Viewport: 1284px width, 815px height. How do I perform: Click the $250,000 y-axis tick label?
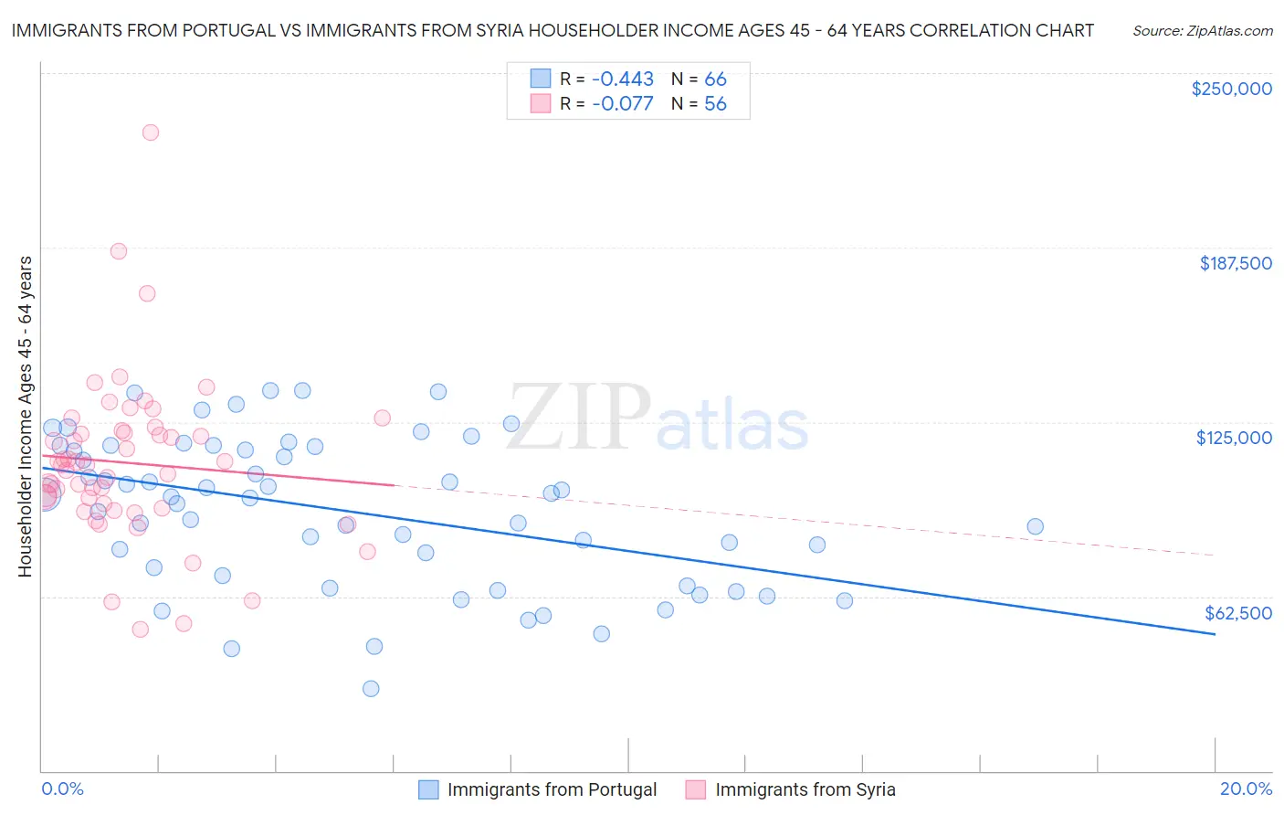(1231, 89)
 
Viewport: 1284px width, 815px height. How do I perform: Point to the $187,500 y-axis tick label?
(1235, 263)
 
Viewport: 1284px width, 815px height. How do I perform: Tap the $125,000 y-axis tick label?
(1234, 438)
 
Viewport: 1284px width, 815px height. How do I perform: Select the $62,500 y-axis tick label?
(1238, 613)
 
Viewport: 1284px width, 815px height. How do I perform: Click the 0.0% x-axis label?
(63, 789)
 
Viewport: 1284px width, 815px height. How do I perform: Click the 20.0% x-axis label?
(1246, 789)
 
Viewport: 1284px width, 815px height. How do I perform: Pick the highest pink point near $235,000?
(151, 132)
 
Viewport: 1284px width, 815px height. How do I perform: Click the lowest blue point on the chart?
(371, 689)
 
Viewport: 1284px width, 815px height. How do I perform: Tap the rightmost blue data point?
(1035, 526)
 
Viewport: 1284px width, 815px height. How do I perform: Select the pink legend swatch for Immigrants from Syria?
(696, 789)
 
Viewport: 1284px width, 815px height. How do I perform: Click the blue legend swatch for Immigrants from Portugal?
(428, 789)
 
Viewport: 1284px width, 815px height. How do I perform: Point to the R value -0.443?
(623, 79)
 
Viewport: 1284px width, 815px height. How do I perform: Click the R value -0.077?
(623, 104)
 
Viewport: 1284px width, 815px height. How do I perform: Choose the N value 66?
(715, 79)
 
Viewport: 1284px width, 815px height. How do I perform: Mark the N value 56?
(715, 104)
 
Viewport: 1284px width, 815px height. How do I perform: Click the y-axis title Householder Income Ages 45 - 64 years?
(26, 417)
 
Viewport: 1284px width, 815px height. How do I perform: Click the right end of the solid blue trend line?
(1215, 634)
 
